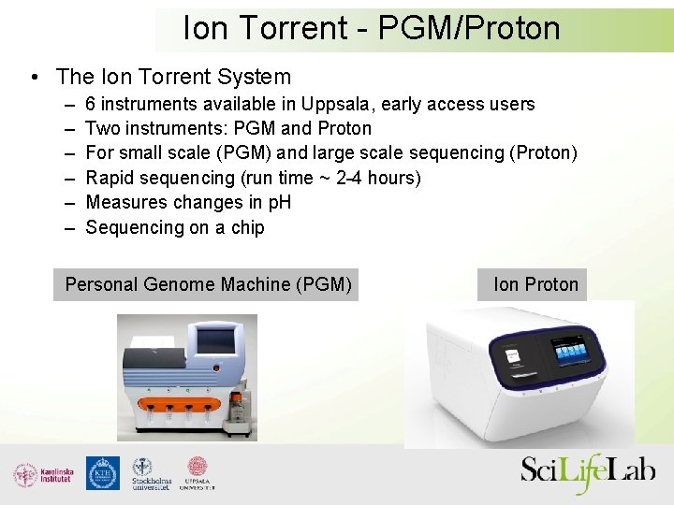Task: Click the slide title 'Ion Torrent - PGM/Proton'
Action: click(372, 28)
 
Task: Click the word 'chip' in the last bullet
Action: click(247, 227)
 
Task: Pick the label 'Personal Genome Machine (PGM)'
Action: click(208, 284)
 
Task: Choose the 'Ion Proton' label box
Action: click(535, 284)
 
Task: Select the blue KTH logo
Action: click(102, 473)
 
